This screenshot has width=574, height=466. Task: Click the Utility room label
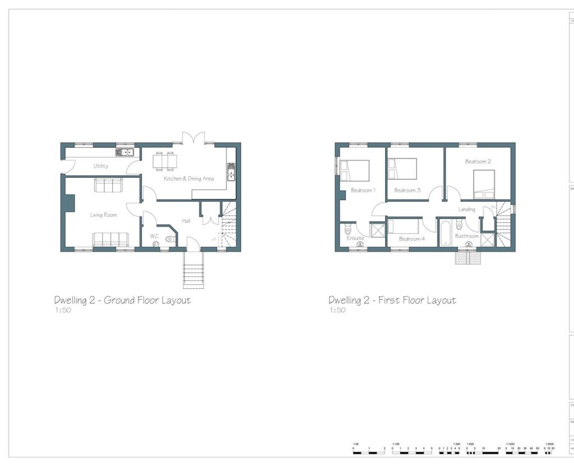[x=101, y=166]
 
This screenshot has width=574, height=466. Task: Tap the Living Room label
[x=103, y=215]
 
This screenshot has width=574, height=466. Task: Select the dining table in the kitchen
[x=165, y=162]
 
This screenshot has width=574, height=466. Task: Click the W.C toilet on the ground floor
[x=170, y=239]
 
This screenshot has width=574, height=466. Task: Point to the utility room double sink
[x=124, y=152]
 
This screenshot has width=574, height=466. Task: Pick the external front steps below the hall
[x=193, y=270]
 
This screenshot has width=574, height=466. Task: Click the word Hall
[x=186, y=221]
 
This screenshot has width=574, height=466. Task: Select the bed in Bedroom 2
[x=484, y=184]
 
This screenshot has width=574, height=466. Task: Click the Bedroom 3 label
[x=408, y=190]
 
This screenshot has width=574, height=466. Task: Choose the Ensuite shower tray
[x=377, y=231]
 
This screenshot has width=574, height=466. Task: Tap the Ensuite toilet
[x=348, y=229]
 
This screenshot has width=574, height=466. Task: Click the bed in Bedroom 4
[x=403, y=227]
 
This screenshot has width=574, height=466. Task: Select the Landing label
[x=466, y=209]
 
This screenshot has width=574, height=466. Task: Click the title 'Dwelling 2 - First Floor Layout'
[x=392, y=300]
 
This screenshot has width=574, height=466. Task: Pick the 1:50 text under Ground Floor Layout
[x=63, y=310]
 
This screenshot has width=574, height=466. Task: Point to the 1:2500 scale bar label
[x=549, y=444]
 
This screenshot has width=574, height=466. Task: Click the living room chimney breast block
[x=70, y=202]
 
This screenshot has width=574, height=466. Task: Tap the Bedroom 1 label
[x=363, y=190]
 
